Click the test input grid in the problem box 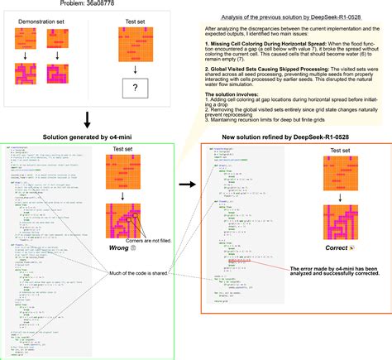tap(134, 44)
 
